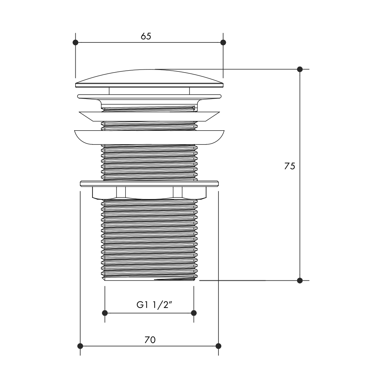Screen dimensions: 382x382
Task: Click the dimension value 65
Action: tap(146, 36)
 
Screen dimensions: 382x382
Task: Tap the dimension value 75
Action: tap(290, 166)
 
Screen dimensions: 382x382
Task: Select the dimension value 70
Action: tap(150, 340)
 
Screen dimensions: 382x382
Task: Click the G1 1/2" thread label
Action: tap(154, 305)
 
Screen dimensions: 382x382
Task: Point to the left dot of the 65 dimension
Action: tap(76, 42)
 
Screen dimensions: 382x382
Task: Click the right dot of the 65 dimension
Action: tap(223, 42)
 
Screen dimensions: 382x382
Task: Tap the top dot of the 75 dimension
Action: tap(300, 69)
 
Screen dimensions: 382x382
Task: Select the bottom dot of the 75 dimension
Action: tap(300, 280)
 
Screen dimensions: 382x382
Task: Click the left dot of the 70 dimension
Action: tap(80, 346)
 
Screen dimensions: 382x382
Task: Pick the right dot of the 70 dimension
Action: tap(219, 346)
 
